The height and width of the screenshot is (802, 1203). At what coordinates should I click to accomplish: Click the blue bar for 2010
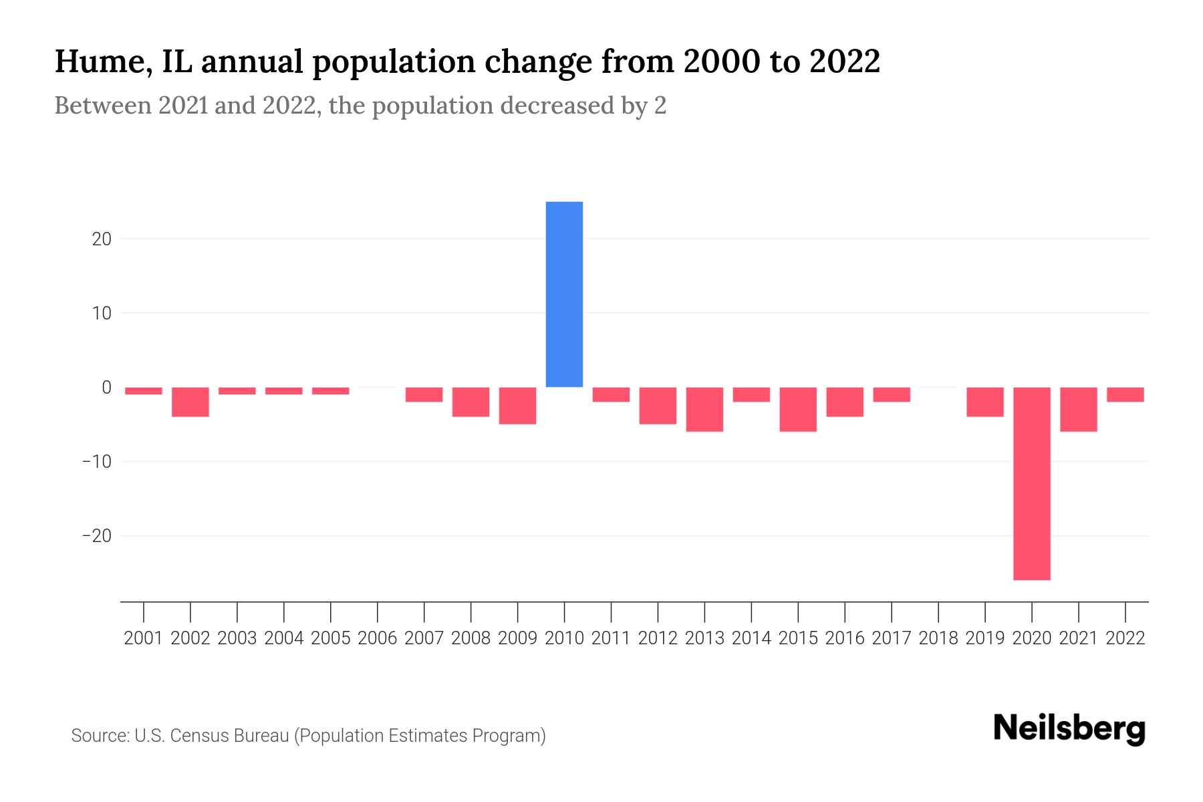[x=564, y=294]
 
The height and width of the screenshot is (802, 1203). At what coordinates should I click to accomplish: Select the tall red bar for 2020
[x=1031, y=483]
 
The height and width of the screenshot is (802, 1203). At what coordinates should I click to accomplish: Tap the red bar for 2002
[x=190, y=402]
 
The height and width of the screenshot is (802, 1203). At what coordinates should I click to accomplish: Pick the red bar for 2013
[x=704, y=409]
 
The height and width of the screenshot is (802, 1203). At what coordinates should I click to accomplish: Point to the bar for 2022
[x=1125, y=394]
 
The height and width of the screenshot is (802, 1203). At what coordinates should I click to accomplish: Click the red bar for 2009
[x=517, y=405]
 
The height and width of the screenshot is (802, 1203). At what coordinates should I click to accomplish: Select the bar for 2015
[x=798, y=409]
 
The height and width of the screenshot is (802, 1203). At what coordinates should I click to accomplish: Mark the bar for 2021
[x=1078, y=409]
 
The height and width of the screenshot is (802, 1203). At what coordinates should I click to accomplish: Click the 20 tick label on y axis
[x=102, y=239]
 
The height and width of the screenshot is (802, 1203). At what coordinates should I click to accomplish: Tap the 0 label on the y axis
[x=106, y=388]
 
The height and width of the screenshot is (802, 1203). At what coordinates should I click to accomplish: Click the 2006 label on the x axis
[x=378, y=638]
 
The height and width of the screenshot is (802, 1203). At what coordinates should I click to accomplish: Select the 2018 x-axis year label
[x=938, y=638]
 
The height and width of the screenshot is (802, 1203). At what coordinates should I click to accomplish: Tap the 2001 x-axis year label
[x=144, y=638]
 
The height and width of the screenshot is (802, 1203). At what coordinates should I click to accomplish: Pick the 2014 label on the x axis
[x=751, y=638]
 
